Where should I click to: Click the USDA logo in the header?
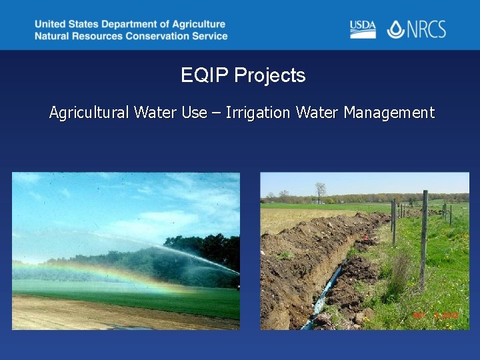(x=363, y=29)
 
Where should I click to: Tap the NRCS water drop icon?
(x=395, y=29)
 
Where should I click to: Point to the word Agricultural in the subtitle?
(x=89, y=113)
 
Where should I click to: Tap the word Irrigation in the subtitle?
(x=258, y=113)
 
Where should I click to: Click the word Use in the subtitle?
(x=194, y=113)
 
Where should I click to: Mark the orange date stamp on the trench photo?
(x=436, y=315)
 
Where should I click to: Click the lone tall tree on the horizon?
(x=321, y=191)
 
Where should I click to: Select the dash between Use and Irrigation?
(x=216, y=113)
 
